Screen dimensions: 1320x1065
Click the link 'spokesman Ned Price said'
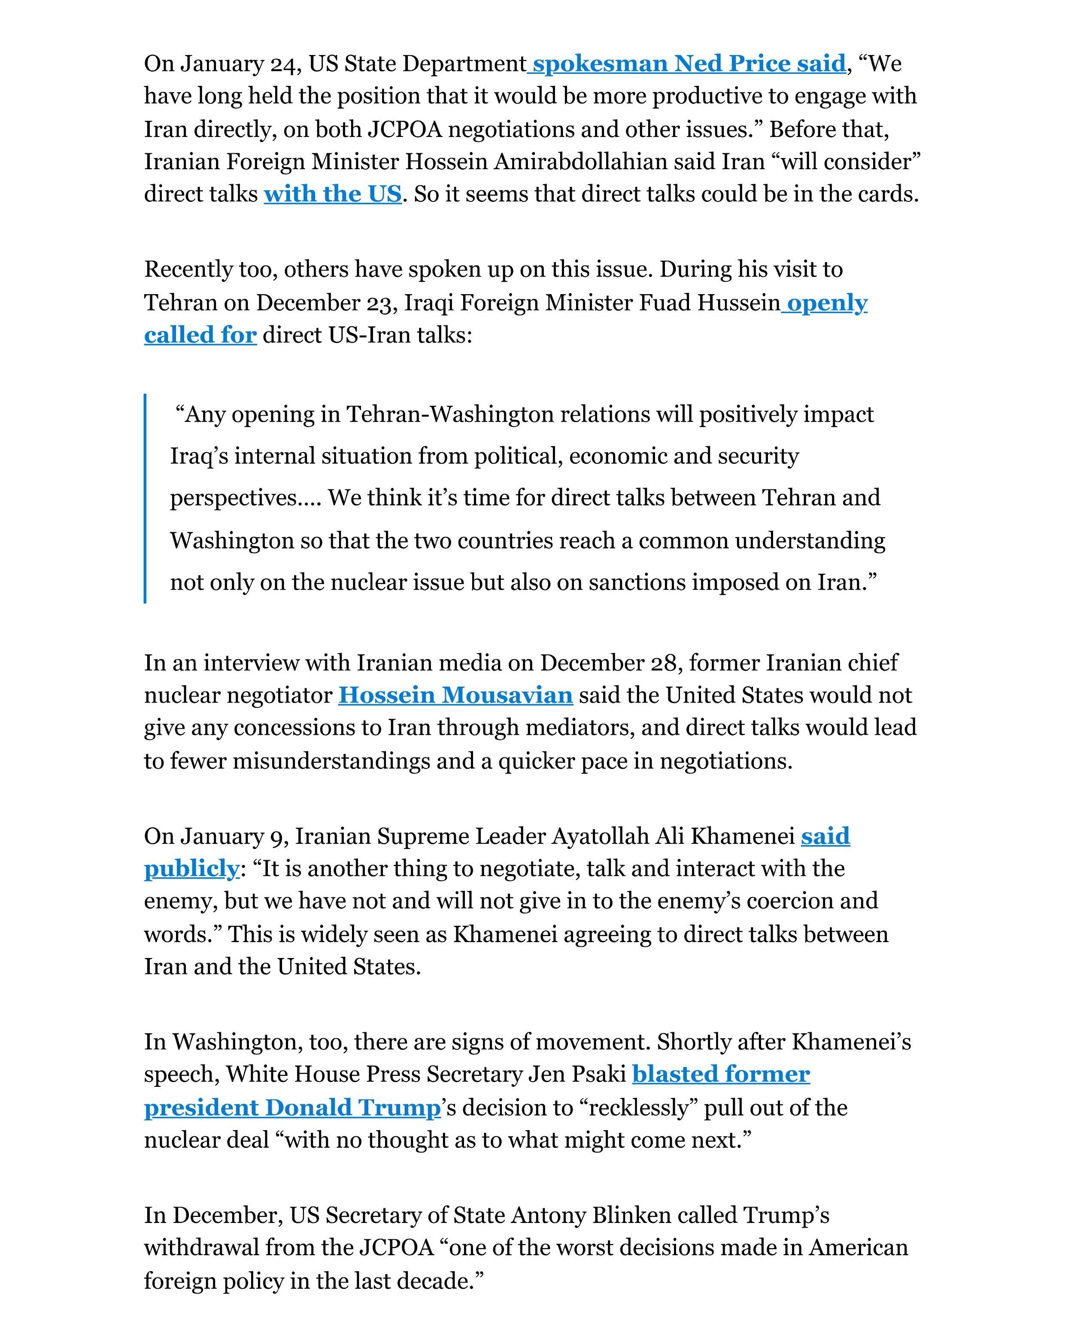click(689, 64)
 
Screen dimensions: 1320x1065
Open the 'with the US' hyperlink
click(333, 194)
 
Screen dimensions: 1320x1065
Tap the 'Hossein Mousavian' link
click(455, 695)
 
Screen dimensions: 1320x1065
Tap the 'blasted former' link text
click(721, 1074)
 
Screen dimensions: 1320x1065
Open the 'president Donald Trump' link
click(292, 1108)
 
